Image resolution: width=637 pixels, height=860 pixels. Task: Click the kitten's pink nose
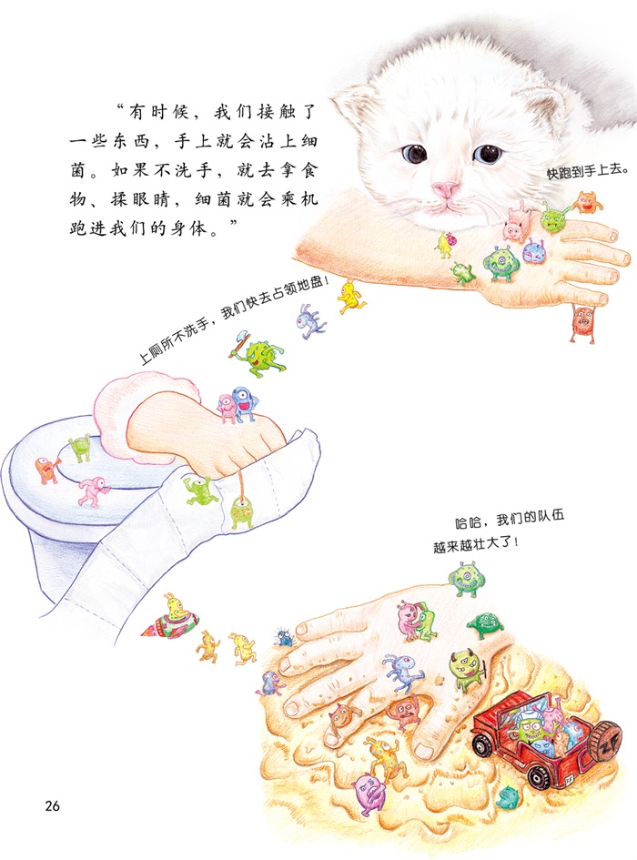[x=444, y=189]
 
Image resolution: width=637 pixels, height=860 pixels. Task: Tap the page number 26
[x=52, y=805]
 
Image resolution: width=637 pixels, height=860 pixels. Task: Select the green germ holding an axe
[x=258, y=354]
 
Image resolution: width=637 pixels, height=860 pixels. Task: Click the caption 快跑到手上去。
[x=588, y=170]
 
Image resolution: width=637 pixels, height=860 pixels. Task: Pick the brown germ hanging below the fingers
[x=582, y=324]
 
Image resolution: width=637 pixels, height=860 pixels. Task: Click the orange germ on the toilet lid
[x=47, y=470]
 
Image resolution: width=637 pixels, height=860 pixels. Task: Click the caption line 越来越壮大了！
[x=476, y=545]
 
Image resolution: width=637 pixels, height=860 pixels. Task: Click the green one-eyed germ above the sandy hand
[x=466, y=579]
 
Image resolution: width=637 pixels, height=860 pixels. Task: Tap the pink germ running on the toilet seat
[x=92, y=491]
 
